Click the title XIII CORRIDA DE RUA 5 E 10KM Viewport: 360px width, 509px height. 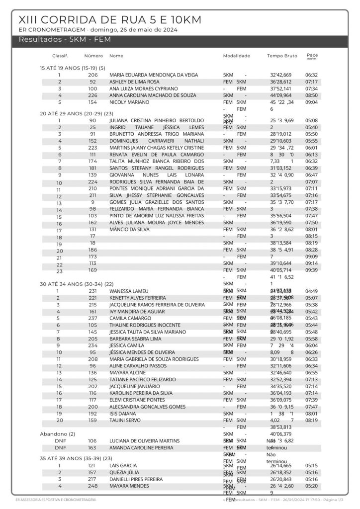[x=109, y=20]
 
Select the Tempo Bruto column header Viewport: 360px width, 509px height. [x=282, y=56]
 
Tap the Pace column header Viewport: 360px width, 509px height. [x=312, y=55]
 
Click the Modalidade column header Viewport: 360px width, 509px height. [x=236, y=56]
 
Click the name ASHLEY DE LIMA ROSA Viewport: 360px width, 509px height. [x=134, y=82]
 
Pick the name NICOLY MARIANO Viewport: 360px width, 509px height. [x=129, y=102]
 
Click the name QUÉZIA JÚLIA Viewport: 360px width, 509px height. [x=124, y=472]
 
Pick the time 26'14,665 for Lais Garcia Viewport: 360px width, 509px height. [x=281, y=466]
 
